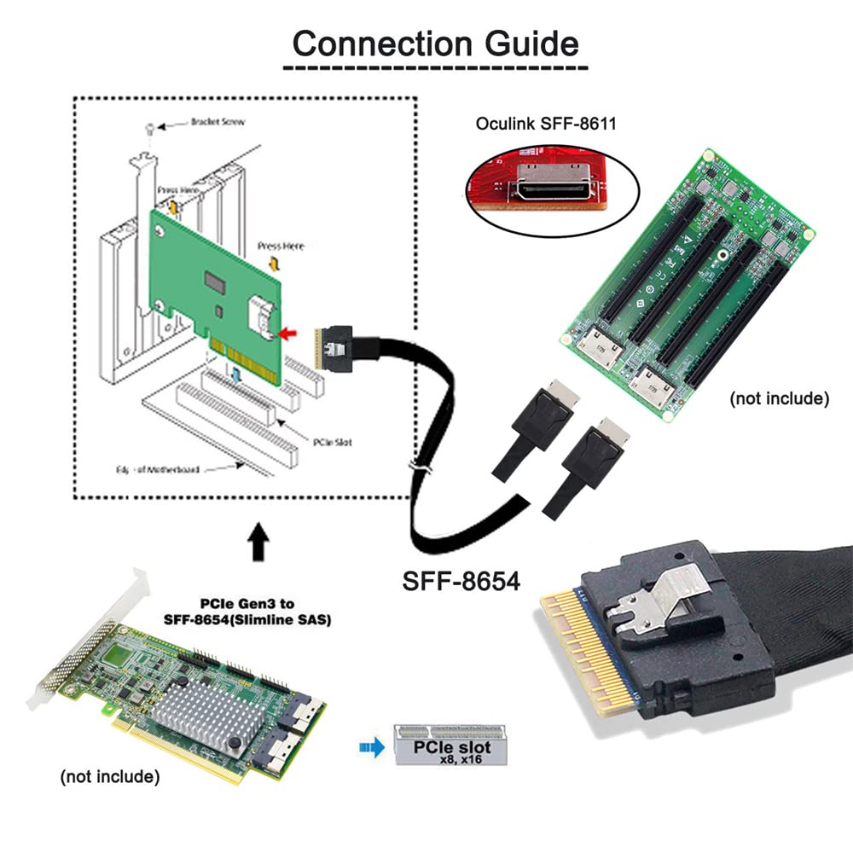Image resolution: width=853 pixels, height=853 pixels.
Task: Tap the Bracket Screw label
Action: pos(218,122)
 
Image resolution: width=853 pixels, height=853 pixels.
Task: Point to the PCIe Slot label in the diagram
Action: pos(332,442)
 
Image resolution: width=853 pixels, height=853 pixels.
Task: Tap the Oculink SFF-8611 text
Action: pos(546,125)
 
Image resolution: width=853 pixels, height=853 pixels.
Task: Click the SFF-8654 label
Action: pos(461,583)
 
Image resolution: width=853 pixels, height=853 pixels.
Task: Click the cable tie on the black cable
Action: pos(416,468)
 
